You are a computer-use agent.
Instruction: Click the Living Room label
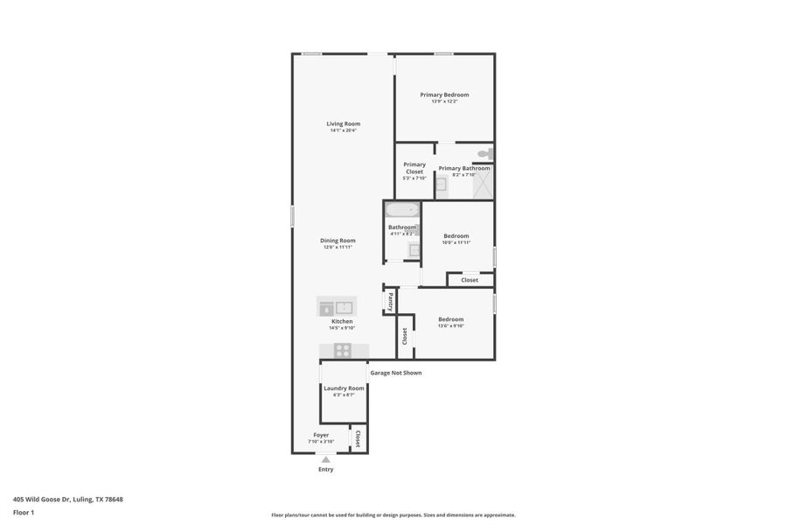pos(343,123)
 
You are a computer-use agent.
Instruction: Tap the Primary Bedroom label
pos(444,94)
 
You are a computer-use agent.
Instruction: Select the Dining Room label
pos(337,241)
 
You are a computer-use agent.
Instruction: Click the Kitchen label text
pos(341,321)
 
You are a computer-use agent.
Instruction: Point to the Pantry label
pos(390,301)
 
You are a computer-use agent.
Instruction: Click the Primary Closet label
pos(414,168)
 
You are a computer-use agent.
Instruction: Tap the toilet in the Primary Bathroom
pos(484,154)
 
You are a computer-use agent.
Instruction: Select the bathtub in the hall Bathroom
pos(402,210)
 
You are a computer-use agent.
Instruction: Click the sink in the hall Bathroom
pos(414,250)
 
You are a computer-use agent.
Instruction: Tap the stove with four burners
pos(343,351)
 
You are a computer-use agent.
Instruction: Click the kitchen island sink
pos(345,307)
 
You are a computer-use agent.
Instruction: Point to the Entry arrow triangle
pos(326,459)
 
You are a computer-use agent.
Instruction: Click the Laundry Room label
pos(344,388)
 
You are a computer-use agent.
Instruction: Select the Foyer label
pos(321,434)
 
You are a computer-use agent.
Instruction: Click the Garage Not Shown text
pos(395,373)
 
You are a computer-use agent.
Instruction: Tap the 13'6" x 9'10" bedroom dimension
pos(450,326)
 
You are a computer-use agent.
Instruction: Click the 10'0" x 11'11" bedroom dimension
pos(456,242)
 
